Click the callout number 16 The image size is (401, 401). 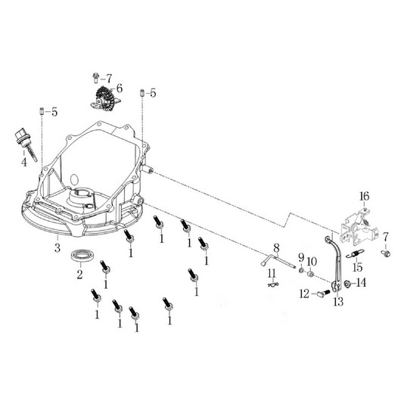click(x=364, y=197)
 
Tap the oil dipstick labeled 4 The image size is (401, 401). click(x=25, y=145)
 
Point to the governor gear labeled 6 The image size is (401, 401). click(x=105, y=98)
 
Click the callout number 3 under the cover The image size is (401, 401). click(x=58, y=247)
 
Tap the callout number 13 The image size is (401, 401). click(x=338, y=302)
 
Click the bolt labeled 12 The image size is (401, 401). click(x=323, y=293)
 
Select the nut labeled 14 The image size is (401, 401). click(x=348, y=284)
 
